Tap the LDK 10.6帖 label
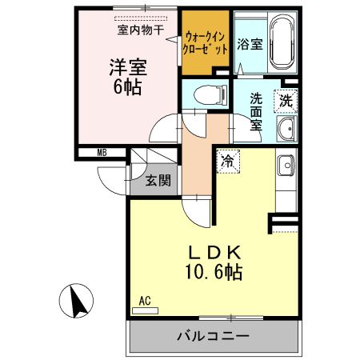coord(210,262)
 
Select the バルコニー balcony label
coord(213,337)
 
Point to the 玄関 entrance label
coord(158,180)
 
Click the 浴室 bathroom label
coord(250,45)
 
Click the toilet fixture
coord(206,94)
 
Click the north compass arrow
coord(78,302)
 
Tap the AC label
coord(145,300)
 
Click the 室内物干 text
coord(141,30)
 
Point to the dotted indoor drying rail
coord(141,18)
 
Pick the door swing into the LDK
coord(198,211)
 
